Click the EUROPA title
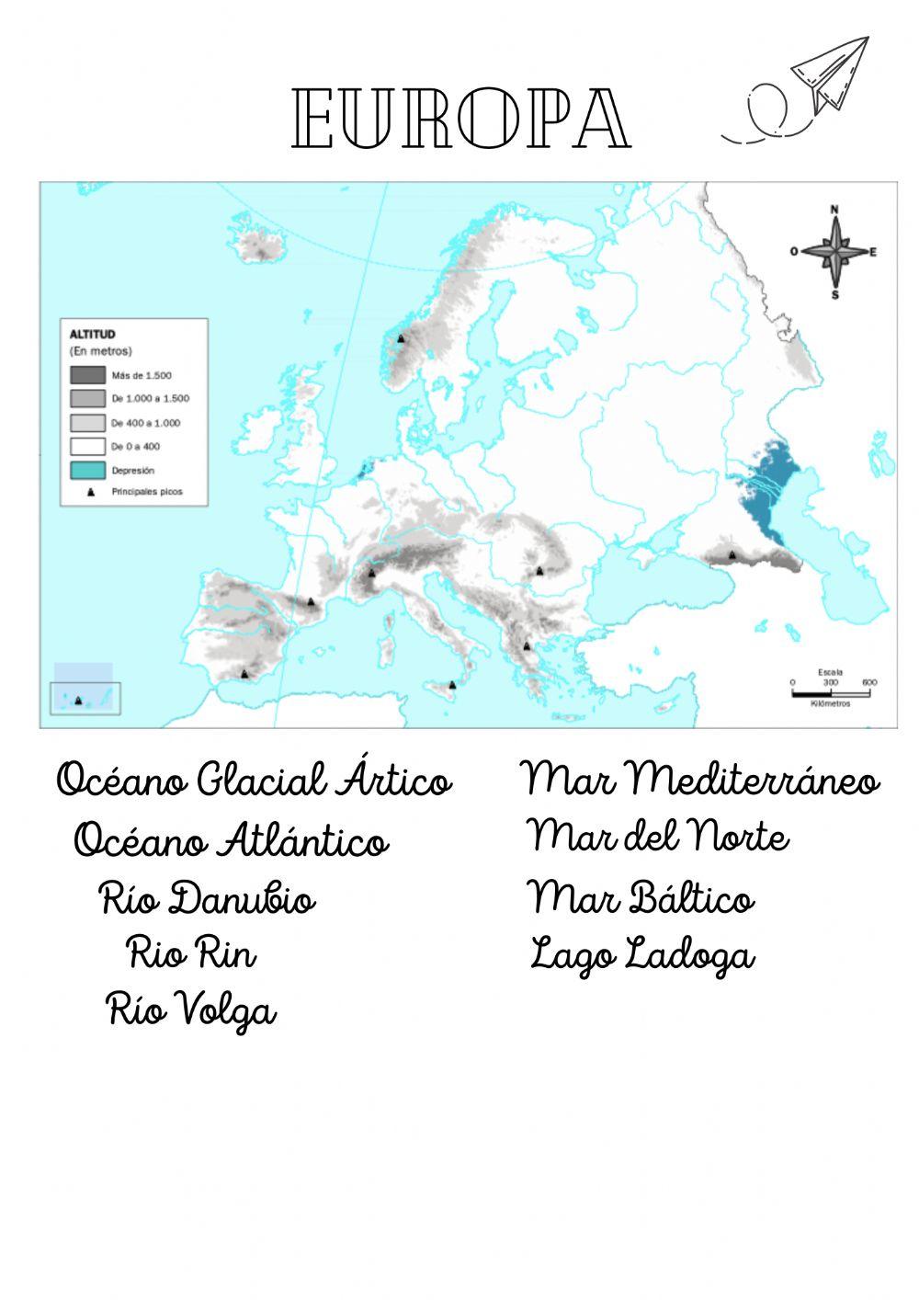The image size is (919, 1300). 461,120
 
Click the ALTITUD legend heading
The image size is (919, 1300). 93,335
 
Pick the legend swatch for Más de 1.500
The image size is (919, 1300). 87,375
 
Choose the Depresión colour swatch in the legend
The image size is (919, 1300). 87,470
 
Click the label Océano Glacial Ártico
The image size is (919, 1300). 255,781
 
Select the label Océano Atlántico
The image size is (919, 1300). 232,841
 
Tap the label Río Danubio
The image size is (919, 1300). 208,899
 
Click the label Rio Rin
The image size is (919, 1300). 192,953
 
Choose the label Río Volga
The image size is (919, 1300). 192,1010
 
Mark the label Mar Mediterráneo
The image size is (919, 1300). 701,781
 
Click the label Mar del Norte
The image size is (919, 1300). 658,837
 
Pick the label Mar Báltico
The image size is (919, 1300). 641,898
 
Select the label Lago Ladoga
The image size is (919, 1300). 642,955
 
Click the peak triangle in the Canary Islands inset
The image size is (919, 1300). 78,701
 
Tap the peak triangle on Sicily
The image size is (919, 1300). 452,685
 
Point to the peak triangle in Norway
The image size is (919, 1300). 401,338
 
